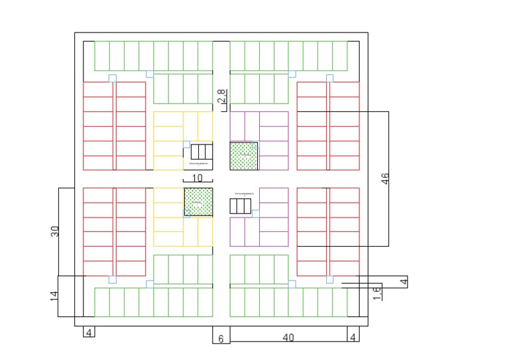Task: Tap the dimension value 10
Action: coord(197,178)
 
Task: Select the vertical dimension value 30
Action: coord(55,231)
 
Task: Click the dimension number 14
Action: coord(55,296)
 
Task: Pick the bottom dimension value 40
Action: coord(288,337)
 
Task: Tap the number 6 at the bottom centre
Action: coord(221,338)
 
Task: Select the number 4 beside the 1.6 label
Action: coord(404,282)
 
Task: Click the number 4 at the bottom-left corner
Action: coord(89,332)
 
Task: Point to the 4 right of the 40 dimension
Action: coord(353,337)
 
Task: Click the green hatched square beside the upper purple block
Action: coord(244,156)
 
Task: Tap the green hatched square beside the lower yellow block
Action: coord(198,202)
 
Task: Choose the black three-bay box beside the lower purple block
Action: coord(241,206)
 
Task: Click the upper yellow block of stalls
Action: coord(183,141)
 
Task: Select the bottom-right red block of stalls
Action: coord(327,231)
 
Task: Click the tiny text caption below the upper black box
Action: coord(198,163)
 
